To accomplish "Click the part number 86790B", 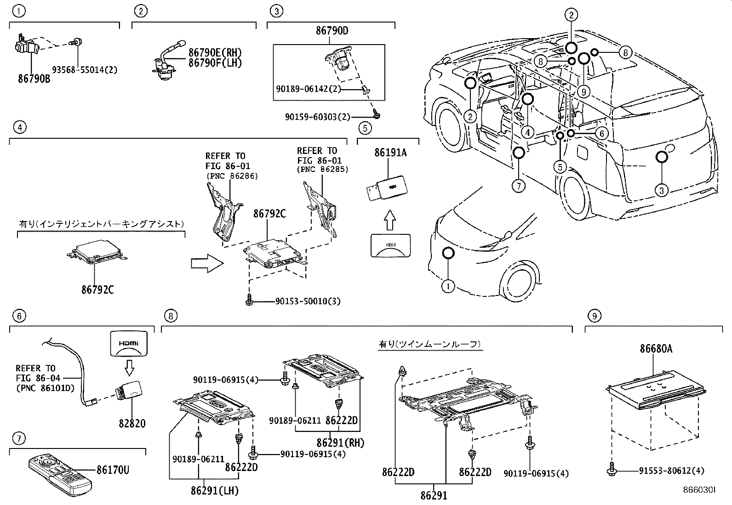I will click(34, 79).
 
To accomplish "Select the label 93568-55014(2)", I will click(84, 70).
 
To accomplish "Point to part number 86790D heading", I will click(332, 31).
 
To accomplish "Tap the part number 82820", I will click(132, 423).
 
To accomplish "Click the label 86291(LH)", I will click(215, 491).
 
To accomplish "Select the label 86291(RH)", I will click(340, 443).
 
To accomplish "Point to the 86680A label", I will click(656, 349).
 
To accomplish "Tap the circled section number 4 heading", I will click(18, 127).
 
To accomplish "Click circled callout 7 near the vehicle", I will click(517, 186).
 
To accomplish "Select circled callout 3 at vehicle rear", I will click(661, 190).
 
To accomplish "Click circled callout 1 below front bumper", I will click(448, 287).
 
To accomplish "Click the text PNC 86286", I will click(232, 176).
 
